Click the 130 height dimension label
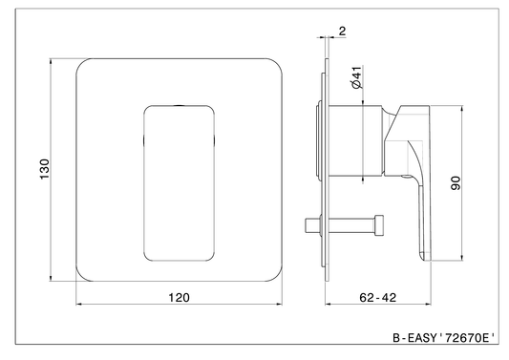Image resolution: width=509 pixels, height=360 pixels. (x=44, y=169)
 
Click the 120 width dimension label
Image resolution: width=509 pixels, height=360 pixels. (x=179, y=297)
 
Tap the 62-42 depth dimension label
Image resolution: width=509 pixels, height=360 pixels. (x=378, y=297)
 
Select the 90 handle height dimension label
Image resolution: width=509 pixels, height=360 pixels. (x=456, y=182)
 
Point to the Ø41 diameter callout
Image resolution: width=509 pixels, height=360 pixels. (x=356, y=77)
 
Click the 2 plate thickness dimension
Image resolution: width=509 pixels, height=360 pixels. (x=342, y=32)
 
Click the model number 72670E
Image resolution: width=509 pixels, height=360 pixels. (x=467, y=338)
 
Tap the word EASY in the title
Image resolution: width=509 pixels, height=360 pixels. (x=422, y=338)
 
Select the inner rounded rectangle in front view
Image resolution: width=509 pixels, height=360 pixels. (x=143, y=183)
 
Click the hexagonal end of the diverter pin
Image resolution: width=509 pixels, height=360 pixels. (x=379, y=225)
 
